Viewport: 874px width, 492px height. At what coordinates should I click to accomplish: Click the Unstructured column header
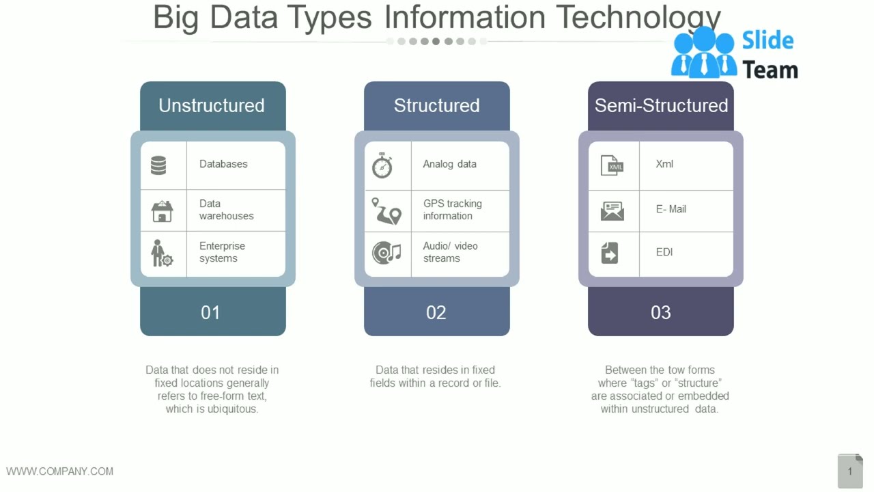click(x=212, y=105)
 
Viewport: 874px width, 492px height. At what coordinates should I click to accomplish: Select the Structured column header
click(x=436, y=105)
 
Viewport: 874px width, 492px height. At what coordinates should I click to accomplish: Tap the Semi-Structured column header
click(x=661, y=105)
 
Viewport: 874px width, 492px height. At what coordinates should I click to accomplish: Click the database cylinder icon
click(x=158, y=165)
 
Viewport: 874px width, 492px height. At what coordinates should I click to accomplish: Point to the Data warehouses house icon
click(x=162, y=211)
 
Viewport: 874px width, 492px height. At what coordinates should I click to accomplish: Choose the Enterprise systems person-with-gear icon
click(x=162, y=254)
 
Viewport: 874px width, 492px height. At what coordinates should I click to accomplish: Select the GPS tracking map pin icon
click(x=386, y=211)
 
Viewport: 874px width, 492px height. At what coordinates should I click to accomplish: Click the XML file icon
click(x=612, y=165)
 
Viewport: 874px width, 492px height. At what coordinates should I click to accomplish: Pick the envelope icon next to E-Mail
click(x=612, y=210)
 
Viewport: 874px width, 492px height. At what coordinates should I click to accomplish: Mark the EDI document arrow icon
click(x=610, y=253)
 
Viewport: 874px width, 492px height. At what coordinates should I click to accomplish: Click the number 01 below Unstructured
click(x=210, y=312)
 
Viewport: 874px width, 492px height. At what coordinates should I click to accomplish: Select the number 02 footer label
click(x=436, y=312)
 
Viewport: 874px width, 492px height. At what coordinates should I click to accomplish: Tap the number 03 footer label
click(x=660, y=312)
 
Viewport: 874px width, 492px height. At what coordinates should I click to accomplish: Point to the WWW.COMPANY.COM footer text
click(x=60, y=471)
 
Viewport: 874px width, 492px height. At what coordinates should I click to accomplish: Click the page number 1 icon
click(x=850, y=471)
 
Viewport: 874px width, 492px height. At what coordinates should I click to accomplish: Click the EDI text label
click(x=664, y=252)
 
